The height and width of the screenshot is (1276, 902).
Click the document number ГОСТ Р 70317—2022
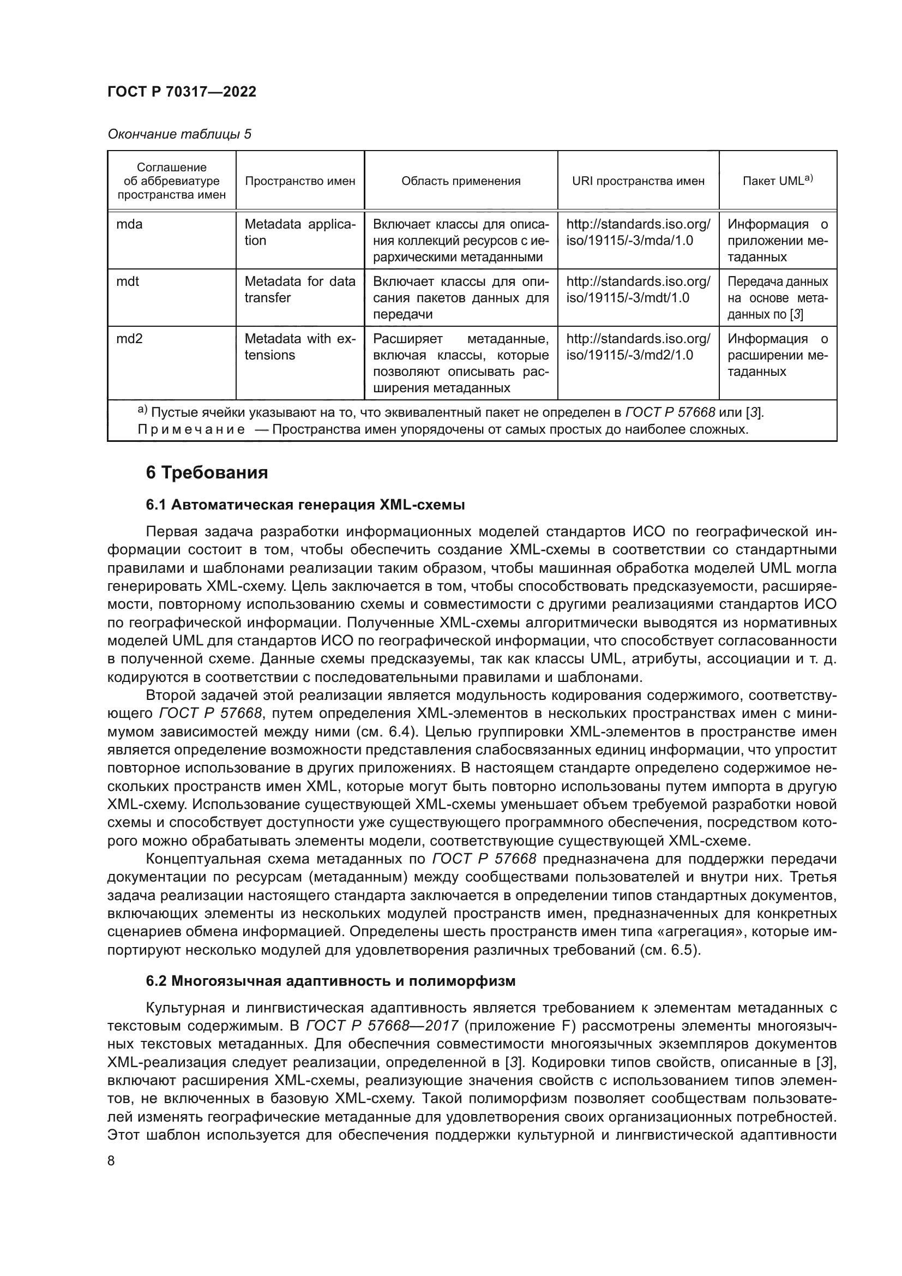point(182,92)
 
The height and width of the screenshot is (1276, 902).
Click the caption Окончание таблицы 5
point(179,134)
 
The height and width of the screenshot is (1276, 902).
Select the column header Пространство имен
point(300,181)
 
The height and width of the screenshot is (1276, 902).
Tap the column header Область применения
point(460,181)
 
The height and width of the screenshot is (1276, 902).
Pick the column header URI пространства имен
point(638,181)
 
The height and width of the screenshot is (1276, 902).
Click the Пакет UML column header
point(777,181)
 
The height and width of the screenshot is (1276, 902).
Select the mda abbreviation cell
point(129,225)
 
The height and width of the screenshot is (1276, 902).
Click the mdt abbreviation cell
point(128,281)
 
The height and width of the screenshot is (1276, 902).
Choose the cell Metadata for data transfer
point(299,290)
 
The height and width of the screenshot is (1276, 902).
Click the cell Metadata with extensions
point(299,347)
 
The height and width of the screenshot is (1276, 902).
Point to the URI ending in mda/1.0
point(638,233)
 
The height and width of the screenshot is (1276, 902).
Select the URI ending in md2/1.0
point(638,347)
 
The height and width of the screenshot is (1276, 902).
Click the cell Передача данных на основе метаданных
point(777,298)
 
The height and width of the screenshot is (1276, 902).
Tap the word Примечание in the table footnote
point(191,429)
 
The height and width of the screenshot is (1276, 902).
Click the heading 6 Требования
point(207,473)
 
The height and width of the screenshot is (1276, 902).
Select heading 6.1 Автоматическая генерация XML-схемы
point(305,505)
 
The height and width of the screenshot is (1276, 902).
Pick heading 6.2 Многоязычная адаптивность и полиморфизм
point(330,981)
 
